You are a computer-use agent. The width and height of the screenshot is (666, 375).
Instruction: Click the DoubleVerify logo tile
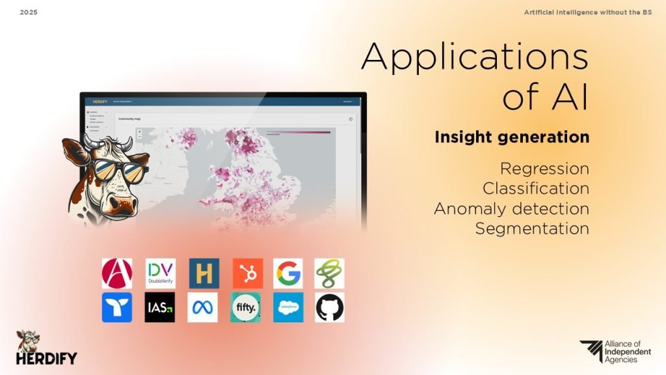[160, 273]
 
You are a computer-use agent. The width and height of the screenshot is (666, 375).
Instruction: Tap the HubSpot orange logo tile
[247, 273]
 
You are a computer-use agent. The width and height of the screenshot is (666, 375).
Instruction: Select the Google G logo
[287, 273]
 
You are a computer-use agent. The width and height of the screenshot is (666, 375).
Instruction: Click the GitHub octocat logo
[330, 307]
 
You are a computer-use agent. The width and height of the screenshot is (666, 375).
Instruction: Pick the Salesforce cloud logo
[287, 307]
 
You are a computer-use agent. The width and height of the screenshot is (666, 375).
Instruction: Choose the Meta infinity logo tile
[202, 307]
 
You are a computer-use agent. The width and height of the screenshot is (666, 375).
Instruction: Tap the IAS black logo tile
[160, 307]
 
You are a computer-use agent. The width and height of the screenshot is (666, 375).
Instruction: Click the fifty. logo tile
[246, 307]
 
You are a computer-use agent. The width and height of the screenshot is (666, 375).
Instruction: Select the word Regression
[544, 169]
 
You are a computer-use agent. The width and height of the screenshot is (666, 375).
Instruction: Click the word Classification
[536, 189]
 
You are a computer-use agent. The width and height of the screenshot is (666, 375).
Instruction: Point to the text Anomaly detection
[511, 209]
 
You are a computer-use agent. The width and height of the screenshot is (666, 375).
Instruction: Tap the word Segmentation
[532, 229]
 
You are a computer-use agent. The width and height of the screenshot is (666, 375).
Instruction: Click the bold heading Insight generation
[512, 138]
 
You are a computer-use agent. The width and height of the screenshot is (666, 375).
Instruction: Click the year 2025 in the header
[29, 12]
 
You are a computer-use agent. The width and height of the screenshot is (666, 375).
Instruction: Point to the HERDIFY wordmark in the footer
[47, 358]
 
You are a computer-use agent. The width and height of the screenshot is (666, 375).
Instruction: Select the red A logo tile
[117, 273]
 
